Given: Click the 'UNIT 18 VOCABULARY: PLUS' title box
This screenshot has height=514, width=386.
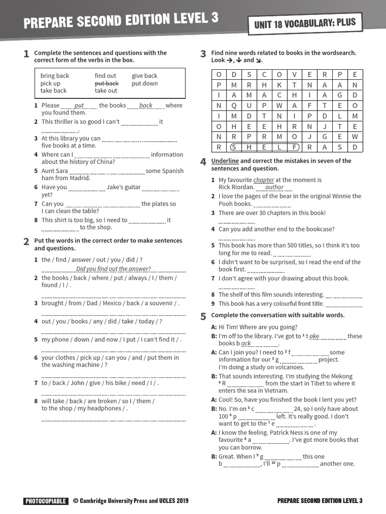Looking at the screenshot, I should [x=305, y=23].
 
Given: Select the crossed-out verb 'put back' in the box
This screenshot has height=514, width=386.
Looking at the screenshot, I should [x=107, y=83].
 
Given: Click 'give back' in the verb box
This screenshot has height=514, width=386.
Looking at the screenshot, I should [x=144, y=76].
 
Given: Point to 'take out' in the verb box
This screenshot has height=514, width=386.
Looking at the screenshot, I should [x=106, y=91].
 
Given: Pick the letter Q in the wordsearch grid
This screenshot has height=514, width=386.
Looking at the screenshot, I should [x=233, y=105].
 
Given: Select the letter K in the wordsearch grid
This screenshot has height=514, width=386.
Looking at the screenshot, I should [x=279, y=84].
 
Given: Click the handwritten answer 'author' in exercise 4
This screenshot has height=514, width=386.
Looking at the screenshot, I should [x=274, y=187].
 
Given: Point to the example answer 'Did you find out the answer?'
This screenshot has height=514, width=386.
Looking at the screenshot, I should [x=113, y=269].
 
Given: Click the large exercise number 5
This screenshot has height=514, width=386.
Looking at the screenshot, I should [x=203, y=316].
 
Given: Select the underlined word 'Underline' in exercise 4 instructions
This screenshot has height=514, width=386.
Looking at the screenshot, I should [x=225, y=161].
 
